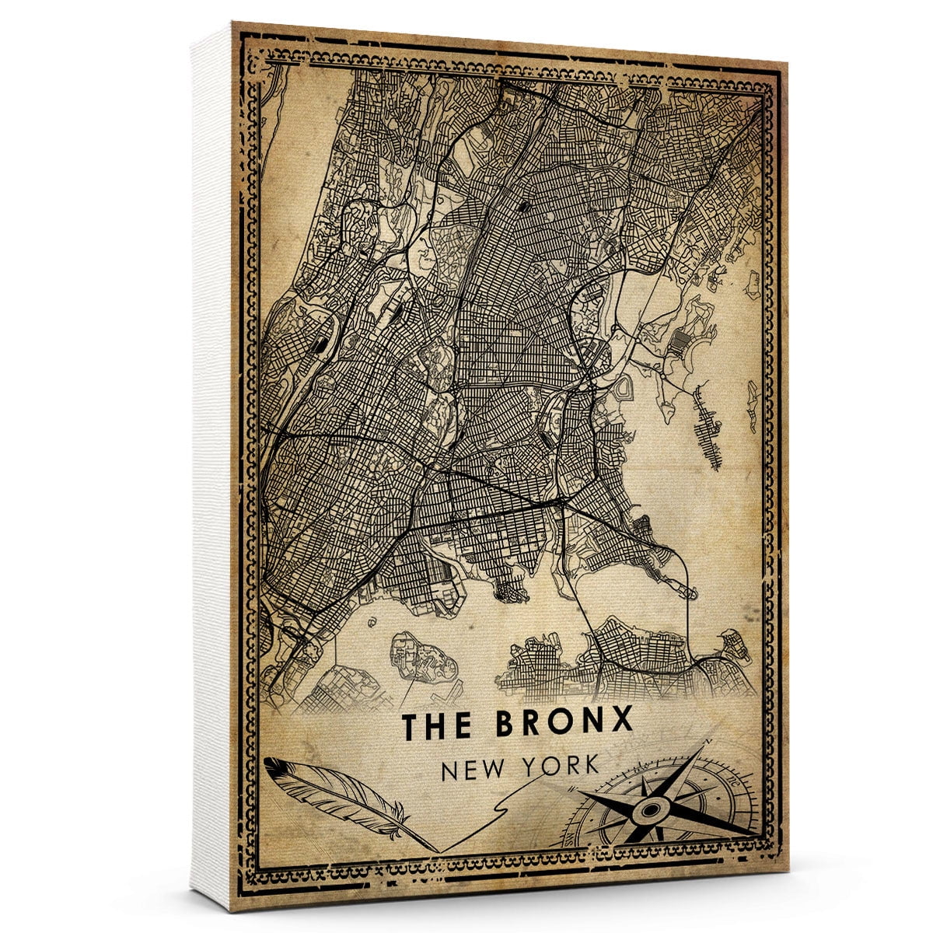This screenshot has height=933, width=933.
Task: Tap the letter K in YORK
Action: (592, 767)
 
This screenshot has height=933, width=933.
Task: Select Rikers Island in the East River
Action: (420, 653)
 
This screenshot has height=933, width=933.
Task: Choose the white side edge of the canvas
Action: (211, 466)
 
